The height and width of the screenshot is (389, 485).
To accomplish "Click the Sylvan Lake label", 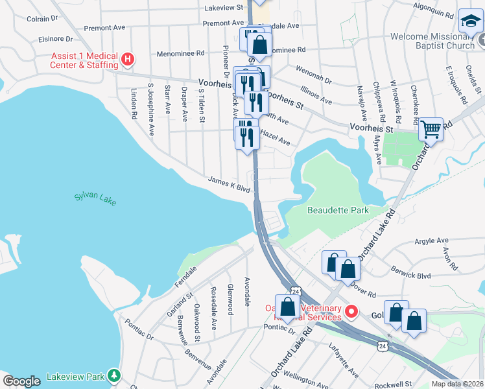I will [95, 198].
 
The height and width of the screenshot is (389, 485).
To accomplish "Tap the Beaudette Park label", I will [337, 210].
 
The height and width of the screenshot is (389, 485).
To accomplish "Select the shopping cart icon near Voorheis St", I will [431, 130].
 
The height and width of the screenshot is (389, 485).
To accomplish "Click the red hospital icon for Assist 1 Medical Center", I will [128, 60].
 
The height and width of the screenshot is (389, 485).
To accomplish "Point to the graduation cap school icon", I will [471, 22].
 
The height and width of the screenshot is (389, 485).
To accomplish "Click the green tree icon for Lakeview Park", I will [114, 375].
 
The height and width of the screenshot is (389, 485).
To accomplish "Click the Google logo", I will [21, 381].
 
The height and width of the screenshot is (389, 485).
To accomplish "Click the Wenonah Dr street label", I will [313, 74].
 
